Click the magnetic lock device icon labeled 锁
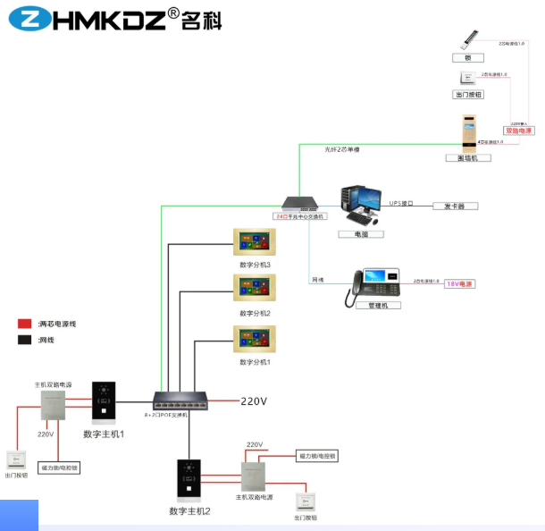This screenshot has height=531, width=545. (x=468, y=40)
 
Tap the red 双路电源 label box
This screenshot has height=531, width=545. (x=518, y=131)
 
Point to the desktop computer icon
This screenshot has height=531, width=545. (x=361, y=206)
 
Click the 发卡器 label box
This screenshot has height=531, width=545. (x=455, y=206)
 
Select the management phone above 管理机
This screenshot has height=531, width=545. (x=373, y=282)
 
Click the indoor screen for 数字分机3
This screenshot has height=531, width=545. (x=255, y=242)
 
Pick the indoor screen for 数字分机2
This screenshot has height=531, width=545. (x=255, y=289)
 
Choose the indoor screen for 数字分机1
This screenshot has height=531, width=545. (x=255, y=339)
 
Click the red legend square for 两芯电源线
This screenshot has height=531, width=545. (x=25, y=324)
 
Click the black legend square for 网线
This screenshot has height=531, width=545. (x=25, y=340)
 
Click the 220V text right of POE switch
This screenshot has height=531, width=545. (x=254, y=401)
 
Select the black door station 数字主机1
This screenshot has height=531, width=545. (x=104, y=401)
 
